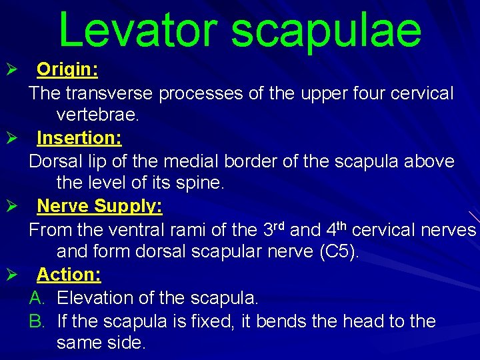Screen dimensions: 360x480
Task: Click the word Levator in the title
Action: (x=136, y=30)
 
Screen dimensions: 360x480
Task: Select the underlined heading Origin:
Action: (x=67, y=69)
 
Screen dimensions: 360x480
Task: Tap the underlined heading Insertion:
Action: (x=79, y=138)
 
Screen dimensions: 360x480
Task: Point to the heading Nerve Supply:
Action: (x=99, y=206)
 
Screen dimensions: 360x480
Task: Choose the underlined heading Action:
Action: (x=69, y=274)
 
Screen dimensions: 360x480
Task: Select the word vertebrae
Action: (x=98, y=115)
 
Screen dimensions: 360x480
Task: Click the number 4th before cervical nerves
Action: (x=338, y=230)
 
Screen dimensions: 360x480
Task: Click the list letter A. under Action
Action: (x=37, y=297)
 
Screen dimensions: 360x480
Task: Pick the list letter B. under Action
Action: (x=37, y=321)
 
